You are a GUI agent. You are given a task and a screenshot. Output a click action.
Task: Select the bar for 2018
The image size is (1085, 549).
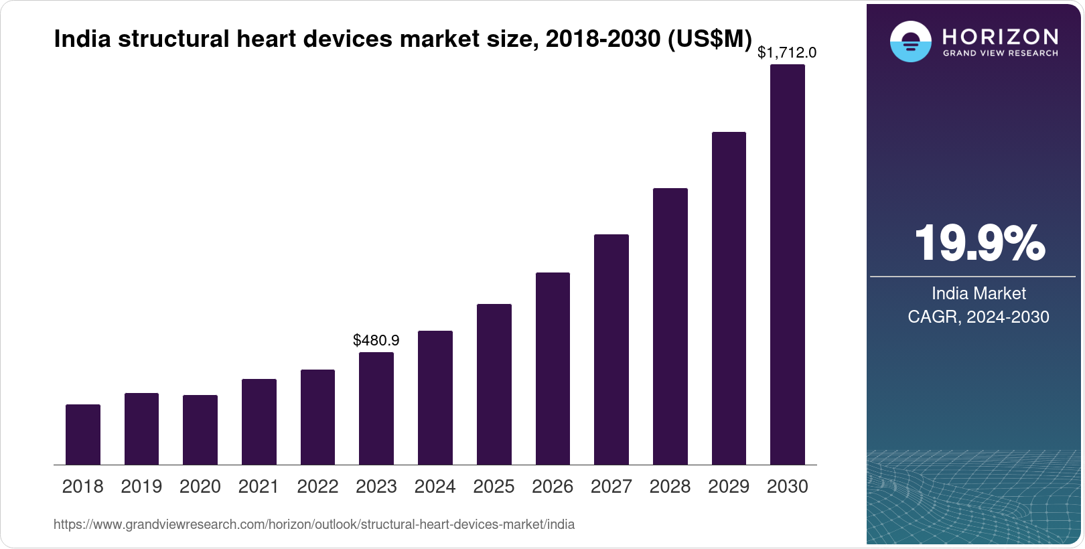tap(83, 435)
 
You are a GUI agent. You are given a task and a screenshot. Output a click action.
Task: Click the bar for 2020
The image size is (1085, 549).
tap(200, 430)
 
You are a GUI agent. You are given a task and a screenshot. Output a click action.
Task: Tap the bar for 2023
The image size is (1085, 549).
tap(376, 408)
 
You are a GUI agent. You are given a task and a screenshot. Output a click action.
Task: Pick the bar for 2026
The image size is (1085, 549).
tap(553, 368)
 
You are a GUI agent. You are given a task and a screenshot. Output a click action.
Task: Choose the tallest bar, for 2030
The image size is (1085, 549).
tap(788, 264)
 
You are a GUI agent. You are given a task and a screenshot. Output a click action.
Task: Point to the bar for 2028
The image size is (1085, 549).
tap(670, 326)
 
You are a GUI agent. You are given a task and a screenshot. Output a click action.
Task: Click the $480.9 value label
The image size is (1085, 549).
tap(376, 340)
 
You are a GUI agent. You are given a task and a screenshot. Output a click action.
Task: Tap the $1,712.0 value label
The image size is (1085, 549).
tap(787, 52)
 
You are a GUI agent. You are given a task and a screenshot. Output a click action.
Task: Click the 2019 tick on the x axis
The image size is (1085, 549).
tap(141, 487)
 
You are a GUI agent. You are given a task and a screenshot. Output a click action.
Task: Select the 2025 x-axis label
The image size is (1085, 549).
tap(494, 487)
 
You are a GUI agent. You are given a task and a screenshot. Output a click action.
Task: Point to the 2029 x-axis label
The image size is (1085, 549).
tap(729, 487)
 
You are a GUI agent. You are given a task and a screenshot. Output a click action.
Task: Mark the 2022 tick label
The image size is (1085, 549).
tap(317, 487)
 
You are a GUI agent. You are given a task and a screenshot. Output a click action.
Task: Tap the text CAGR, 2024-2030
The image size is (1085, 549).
tap(979, 317)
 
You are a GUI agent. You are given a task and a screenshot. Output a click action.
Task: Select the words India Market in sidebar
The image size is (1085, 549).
tap(979, 293)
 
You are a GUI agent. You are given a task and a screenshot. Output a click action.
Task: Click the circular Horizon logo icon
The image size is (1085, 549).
tap(910, 42)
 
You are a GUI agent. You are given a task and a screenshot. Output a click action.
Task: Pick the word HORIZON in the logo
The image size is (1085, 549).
tap(1000, 36)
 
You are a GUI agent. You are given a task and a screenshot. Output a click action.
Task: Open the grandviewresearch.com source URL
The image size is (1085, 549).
tap(314, 524)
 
